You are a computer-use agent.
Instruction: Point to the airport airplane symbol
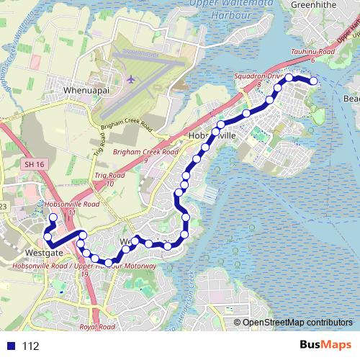point(132,78)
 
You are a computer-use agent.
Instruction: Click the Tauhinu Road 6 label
point(313,55)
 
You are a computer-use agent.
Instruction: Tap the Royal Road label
point(97,327)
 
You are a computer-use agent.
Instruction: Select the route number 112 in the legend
point(30,346)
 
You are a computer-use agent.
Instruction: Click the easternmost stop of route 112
point(314,82)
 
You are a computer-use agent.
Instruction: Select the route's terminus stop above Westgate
point(52,217)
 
